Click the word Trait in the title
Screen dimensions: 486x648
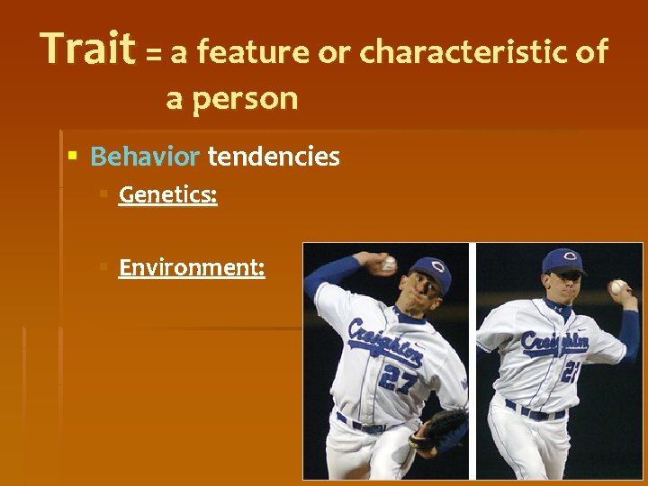click(87, 49)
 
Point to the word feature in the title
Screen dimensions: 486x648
click(253, 52)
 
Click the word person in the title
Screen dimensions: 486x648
click(245, 97)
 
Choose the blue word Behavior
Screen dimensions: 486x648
click(145, 157)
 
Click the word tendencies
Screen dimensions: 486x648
click(274, 157)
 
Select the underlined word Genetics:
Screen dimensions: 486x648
click(167, 194)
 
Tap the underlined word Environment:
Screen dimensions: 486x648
click(192, 267)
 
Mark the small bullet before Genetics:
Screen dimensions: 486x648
click(103, 194)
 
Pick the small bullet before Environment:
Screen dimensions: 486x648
click(103, 267)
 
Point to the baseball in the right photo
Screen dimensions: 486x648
click(617, 287)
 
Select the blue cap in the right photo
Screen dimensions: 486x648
click(564, 260)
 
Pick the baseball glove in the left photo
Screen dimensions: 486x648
click(441, 430)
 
